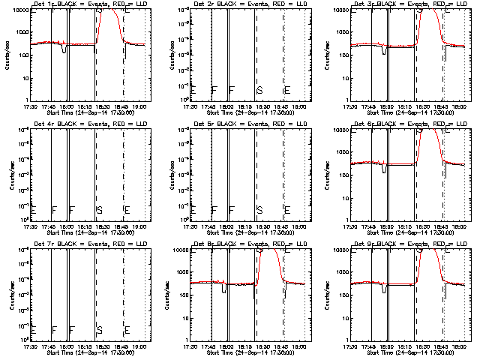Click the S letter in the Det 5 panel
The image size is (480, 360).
tap(259, 210)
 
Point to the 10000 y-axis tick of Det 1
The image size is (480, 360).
tap(19, 9)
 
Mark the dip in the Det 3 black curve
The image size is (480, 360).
tap(385, 52)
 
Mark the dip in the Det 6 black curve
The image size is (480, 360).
tap(385, 169)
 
